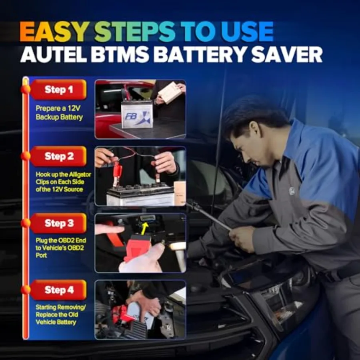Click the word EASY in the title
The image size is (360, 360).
[x=53, y=32]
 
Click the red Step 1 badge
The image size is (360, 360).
[x=58, y=90]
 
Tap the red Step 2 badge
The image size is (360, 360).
[x=58, y=156]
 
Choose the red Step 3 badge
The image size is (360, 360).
[x=58, y=223]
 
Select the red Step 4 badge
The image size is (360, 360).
[x=58, y=290]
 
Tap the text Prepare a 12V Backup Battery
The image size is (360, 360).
[x=59, y=113]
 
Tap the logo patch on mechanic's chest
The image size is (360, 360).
[x=292, y=191]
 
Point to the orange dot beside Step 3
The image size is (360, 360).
[x=26, y=223]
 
